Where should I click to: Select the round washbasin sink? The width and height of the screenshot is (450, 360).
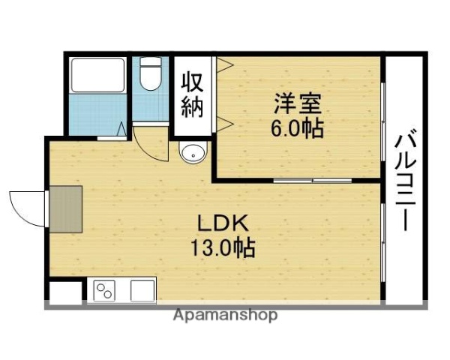click(x=192, y=153)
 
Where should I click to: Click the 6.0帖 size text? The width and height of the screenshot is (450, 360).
click(x=297, y=128)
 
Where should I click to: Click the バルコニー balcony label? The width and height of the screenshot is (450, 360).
click(x=406, y=181)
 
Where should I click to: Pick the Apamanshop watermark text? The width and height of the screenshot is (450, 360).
click(x=224, y=316)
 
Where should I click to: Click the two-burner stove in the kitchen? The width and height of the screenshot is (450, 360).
click(x=103, y=289)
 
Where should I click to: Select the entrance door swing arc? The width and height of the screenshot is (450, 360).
click(x=26, y=206)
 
